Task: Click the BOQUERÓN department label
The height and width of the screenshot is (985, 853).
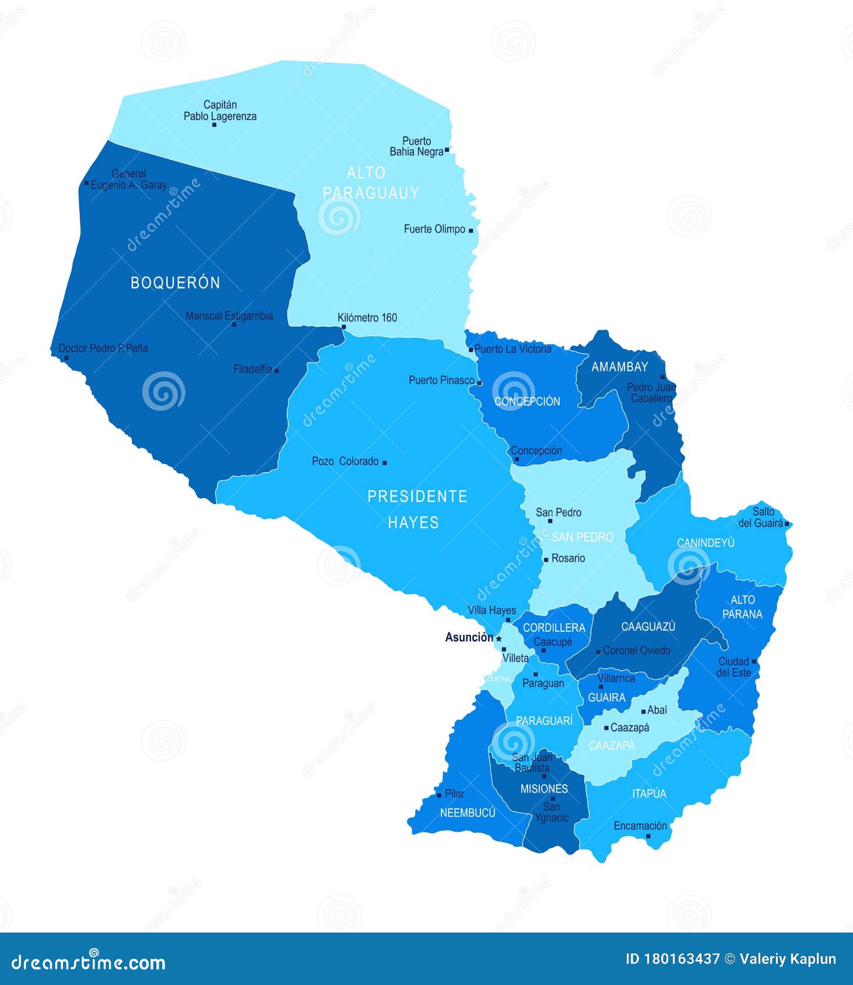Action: coord(175,283)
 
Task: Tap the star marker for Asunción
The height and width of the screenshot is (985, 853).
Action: coord(499,639)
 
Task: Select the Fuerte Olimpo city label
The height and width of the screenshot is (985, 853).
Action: coord(434,230)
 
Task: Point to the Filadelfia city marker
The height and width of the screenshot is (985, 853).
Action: coord(276,371)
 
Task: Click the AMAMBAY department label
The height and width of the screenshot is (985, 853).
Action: coord(619,367)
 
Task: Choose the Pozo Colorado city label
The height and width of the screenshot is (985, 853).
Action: coord(345,462)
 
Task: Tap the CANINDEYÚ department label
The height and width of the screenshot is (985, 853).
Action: coord(705,543)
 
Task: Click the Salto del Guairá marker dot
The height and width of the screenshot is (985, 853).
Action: coord(787,524)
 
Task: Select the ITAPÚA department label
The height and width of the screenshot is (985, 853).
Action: coord(648,794)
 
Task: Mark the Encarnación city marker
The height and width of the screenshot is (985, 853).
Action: coord(648,836)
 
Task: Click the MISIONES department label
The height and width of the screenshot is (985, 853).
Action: coord(543,789)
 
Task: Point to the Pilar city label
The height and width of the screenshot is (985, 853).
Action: coord(454,794)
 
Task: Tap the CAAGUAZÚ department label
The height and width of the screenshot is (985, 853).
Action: coord(648,627)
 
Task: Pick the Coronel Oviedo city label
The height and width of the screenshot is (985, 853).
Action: coord(637,650)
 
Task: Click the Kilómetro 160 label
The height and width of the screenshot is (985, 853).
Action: coord(367,318)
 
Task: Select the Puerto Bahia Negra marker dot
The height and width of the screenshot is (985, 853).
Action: coord(447,150)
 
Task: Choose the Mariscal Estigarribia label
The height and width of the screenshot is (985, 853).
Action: coord(229,316)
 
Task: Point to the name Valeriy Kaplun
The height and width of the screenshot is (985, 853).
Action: coord(788,959)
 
